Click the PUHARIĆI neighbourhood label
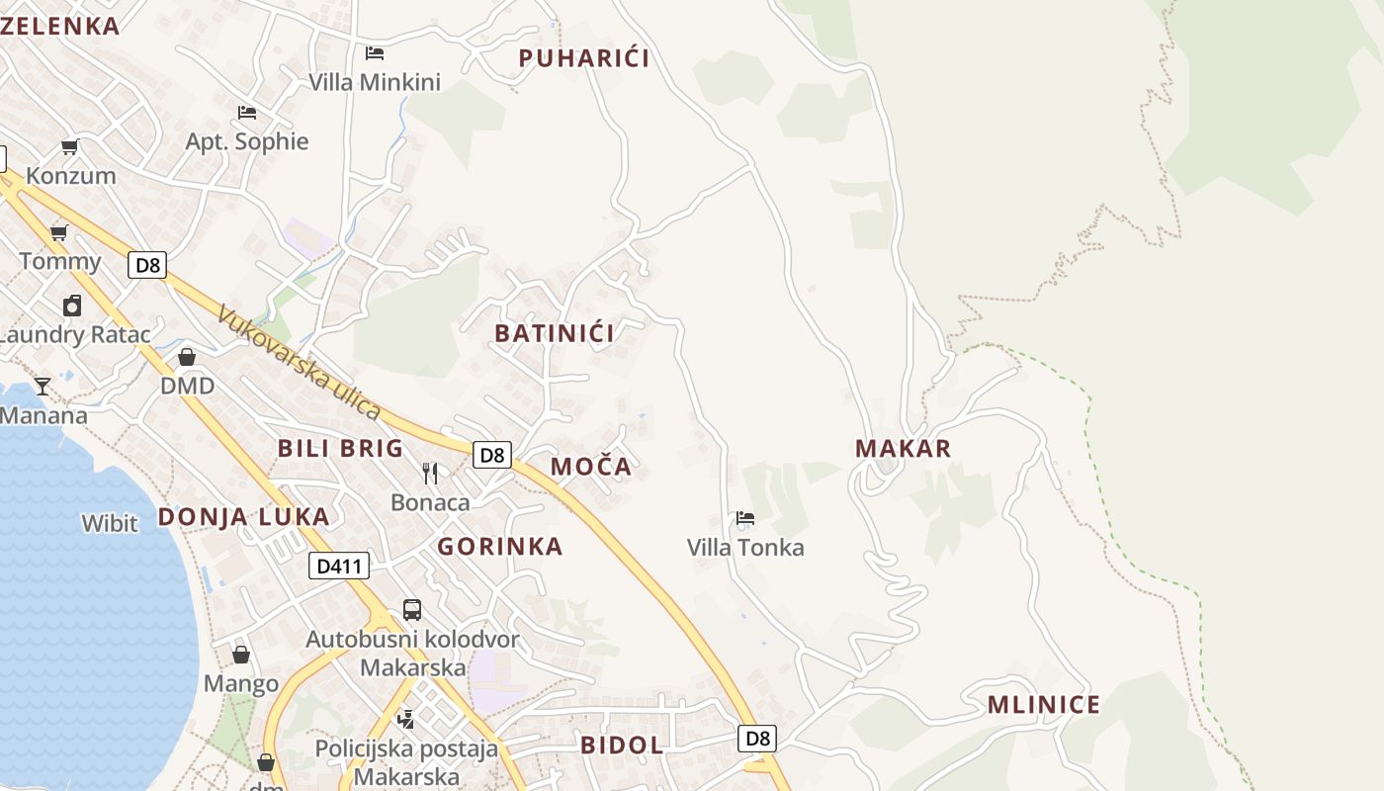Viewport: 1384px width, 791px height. [584, 58]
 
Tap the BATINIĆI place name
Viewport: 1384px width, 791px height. [555, 333]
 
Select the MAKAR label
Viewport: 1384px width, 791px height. [903, 448]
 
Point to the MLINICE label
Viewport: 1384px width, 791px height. [1043, 705]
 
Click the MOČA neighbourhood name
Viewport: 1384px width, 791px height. [590, 467]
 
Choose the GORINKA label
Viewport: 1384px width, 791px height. [500, 547]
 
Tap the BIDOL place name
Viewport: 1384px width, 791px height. [622, 746]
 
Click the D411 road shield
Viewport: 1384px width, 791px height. [339, 566]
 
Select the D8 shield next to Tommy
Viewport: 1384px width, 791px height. [147, 265]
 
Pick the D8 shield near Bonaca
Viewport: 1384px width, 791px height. [491, 455]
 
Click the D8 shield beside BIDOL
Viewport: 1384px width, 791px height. [756, 738]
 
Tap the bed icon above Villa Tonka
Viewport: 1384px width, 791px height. [744, 518]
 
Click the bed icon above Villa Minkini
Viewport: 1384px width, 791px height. [374, 53]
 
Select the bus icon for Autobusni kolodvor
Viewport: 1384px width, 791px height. [411, 610]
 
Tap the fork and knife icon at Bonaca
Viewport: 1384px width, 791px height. [430, 474]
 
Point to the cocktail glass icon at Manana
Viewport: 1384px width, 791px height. [42, 386]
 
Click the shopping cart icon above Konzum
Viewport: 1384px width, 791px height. [69, 147]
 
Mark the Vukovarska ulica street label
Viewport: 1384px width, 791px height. [299, 362]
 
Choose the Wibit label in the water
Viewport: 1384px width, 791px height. [110, 523]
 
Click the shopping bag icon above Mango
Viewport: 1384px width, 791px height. [240, 655]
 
